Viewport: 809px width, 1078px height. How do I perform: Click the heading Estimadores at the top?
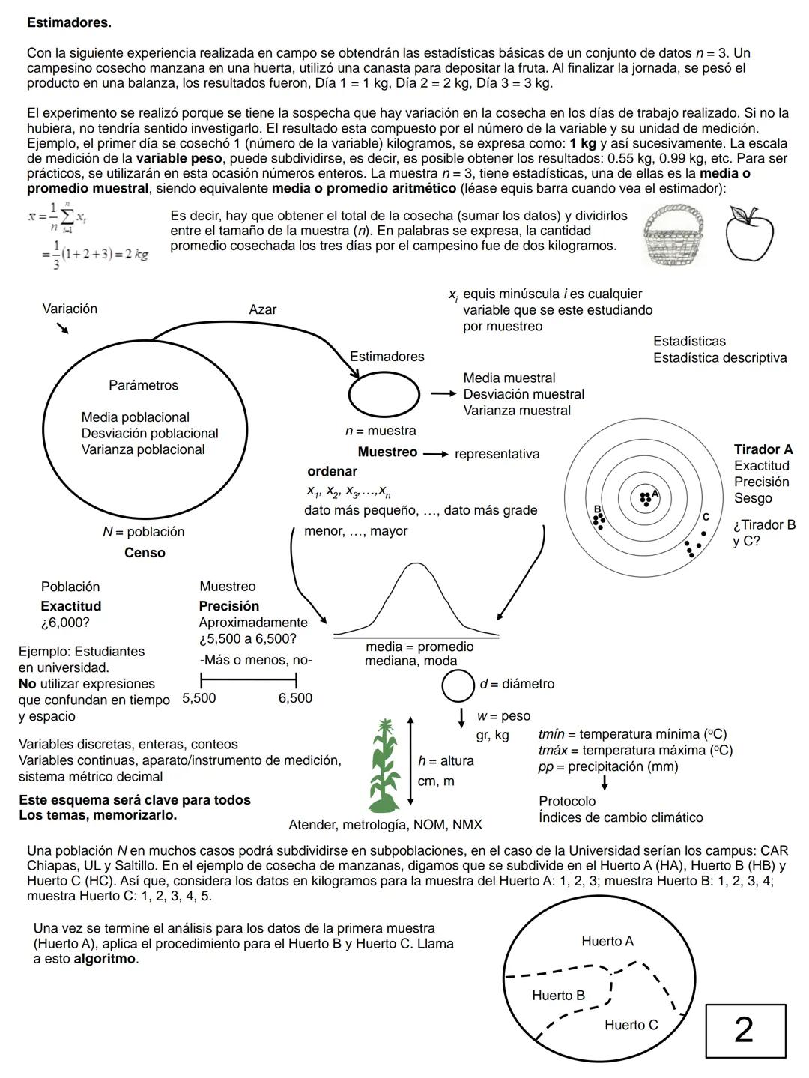click(x=69, y=23)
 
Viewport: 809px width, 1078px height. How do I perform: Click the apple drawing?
click(x=748, y=234)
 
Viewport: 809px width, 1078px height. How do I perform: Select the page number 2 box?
click(x=745, y=1031)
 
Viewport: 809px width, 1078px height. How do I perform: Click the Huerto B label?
click(x=558, y=996)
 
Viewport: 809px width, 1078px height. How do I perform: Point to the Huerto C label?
click(x=631, y=1025)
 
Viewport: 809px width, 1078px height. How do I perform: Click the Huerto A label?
click(x=607, y=942)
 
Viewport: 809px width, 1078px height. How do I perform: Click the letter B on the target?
click(x=597, y=509)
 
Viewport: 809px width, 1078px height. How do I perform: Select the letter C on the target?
click(x=705, y=517)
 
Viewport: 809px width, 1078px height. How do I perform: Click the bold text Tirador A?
click(x=763, y=449)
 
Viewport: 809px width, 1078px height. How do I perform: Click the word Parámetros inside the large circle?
click(x=143, y=385)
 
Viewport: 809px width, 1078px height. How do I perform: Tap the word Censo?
click(x=145, y=553)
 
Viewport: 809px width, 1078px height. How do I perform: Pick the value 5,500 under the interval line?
click(x=199, y=698)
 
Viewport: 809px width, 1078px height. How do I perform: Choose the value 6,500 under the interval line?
click(x=295, y=698)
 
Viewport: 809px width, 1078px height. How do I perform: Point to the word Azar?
click(x=262, y=309)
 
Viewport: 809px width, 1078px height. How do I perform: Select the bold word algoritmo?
click(x=105, y=959)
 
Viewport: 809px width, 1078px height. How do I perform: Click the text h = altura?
click(x=446, y=761)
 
